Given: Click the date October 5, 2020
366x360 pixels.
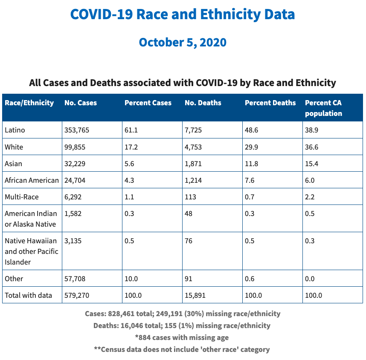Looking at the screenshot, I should pos(183,43).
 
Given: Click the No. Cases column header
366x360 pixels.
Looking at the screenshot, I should pos(81,103).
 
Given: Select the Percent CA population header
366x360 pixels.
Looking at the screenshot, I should pos(323,108).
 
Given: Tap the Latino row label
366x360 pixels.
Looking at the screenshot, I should pos(15,130).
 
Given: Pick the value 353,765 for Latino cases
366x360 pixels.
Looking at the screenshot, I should pos(77,130).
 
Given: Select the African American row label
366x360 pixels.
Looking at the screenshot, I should pos(32,180).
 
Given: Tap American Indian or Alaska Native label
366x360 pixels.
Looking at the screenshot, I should pos(30,219).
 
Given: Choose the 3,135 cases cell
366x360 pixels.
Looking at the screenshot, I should pos(73,241).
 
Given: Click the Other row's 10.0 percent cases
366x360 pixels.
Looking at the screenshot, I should pos(131,279).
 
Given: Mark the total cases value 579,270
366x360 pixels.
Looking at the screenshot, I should pos(77,295).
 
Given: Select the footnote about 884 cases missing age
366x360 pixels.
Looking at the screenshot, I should pos(182,337).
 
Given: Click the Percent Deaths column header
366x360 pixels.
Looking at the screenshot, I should pos(270,103).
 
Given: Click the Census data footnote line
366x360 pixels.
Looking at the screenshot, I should pos(182,349).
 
